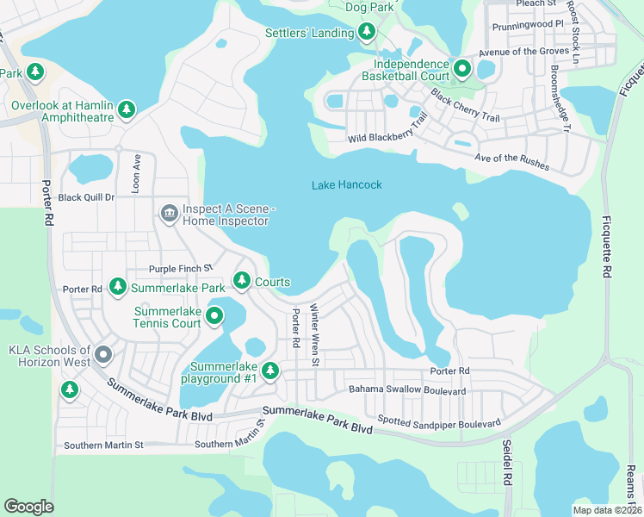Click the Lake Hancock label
click(346, 185)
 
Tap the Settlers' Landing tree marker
click(367, 33)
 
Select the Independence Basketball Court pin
click(461, 68)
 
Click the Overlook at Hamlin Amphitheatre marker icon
click(127, 109)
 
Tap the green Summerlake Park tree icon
click(117, 287)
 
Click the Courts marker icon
click(242, 281)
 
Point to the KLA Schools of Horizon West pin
click(103, 354)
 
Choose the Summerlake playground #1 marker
click(270, 371)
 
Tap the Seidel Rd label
click(506, 461)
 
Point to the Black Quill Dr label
click(86, 197)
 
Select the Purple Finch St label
click(180, 269)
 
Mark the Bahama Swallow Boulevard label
click(406, 391)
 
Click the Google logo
click(29, 507)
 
